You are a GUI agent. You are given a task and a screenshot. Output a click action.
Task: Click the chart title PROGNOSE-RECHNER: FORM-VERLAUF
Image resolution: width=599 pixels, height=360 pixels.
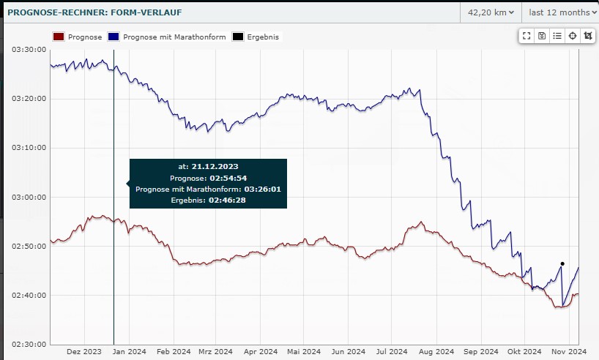94,12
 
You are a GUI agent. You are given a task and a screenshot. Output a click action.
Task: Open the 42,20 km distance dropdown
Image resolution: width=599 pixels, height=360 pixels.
490,12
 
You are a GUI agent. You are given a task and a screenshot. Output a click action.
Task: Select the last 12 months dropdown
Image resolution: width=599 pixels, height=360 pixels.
559,12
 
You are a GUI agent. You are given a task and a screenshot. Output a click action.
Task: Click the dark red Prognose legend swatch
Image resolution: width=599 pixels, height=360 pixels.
59,37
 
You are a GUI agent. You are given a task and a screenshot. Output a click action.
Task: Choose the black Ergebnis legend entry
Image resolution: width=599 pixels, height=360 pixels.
263,37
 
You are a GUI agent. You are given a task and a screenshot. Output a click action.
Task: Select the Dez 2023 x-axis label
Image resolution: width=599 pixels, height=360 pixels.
83,352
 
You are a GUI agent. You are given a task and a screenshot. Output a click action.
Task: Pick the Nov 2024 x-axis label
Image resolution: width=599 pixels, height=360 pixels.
568,352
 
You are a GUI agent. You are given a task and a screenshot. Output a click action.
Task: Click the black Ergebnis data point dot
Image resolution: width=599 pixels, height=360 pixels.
562,263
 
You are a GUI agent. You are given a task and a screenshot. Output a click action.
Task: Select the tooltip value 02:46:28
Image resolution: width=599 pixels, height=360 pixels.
227,200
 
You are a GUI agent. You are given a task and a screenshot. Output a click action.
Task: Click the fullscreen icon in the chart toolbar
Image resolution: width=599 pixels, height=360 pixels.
527,36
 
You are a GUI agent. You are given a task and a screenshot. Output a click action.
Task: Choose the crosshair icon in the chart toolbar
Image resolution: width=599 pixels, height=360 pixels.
573,36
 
